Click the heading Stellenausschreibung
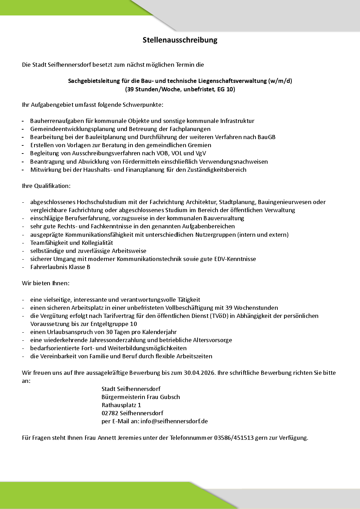pos(180,40)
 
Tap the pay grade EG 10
pos(225,89)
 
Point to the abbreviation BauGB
pos(266,137)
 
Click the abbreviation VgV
pos(201,153)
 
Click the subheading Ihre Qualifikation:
pos(46,185)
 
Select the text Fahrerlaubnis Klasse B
pos(60,267)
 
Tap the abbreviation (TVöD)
pos(220,316)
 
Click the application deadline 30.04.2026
pos(199,373)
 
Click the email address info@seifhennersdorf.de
pos(174,421)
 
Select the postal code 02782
pos(110,413)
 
